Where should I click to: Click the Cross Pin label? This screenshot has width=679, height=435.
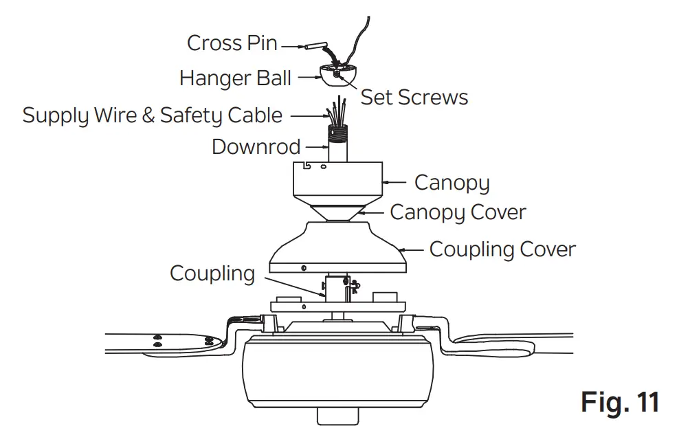pyautogui.click(x=232, y=43)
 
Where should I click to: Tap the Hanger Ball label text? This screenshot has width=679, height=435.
pyautogui.click(x=235, y=78)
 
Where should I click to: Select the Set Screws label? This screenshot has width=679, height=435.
pyautogui.click(x=414, y=98)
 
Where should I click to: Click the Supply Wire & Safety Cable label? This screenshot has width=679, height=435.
pyautogui.click(x=152, y=115)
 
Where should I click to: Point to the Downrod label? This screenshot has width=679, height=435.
pyautogui.click(x=256, y=147)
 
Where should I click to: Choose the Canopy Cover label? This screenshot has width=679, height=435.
pyautogui.click(x=458, y=212)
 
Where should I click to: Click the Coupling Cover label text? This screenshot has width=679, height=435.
pyautogui.click(x=502, y=249)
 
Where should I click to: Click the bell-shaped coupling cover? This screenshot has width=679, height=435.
pyautogui.click(x=337, y=247)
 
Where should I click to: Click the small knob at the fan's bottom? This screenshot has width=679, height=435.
pyautogui.click(x=337, y=415)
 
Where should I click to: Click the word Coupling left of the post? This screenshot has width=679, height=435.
pyautogui.click(x=212, y=274)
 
